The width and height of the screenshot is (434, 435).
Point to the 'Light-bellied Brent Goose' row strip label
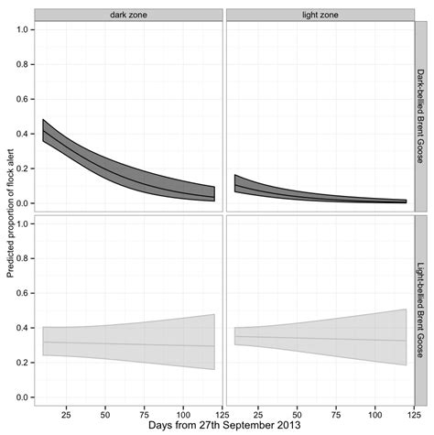[421, 310]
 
